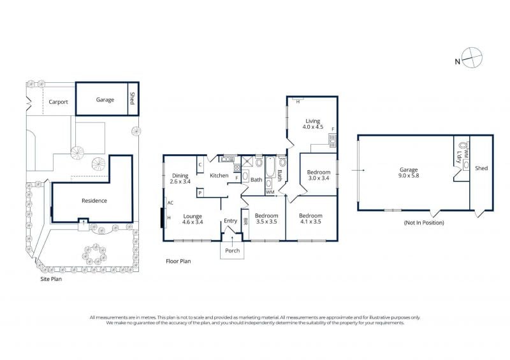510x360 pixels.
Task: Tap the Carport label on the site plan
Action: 58,102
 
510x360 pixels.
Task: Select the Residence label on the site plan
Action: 94,201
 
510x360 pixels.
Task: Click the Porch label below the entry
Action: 232,250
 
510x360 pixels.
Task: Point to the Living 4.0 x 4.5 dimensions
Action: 313,127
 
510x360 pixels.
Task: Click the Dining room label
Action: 180,176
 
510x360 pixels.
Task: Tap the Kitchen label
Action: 219,176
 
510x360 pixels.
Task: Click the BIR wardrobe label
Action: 245,222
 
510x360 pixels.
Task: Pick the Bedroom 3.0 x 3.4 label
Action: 319,175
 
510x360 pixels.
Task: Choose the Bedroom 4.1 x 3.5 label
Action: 310,219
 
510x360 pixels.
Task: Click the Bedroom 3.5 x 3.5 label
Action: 266,219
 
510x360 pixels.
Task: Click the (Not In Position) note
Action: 424,223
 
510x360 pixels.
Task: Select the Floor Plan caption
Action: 178,261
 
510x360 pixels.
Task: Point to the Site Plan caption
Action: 51,279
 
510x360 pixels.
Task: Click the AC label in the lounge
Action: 170,203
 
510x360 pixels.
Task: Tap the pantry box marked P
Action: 200,193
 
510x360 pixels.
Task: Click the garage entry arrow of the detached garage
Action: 358,170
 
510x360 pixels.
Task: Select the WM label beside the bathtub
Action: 270,192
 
